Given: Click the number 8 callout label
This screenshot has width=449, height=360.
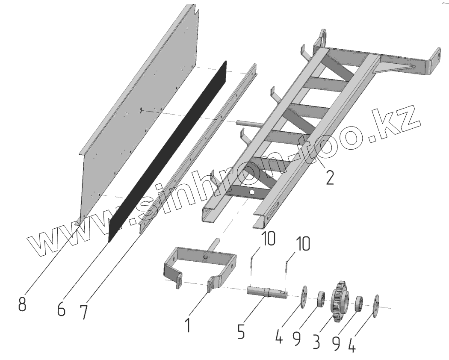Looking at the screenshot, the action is (x=22, y=305).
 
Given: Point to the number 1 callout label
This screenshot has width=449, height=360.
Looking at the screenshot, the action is (x=187, y=324).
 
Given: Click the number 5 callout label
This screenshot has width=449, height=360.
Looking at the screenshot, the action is (x=241, y=331).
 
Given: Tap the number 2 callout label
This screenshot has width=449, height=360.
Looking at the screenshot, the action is (x=329, y=177).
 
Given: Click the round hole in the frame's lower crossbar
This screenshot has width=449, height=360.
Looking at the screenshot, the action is (x=254, y=193).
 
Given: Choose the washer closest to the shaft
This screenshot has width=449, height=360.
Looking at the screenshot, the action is (x=304, y=296).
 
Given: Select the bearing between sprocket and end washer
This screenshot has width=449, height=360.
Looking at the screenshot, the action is (x=359, y=304).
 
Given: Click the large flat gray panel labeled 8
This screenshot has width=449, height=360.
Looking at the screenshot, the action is (x=137, y=107).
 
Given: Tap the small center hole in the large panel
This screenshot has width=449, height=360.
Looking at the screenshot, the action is (x=141, y=111).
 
